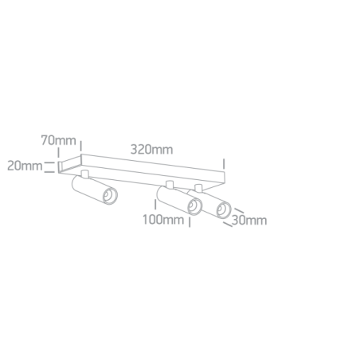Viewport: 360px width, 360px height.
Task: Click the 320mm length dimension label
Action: tap(151, 150)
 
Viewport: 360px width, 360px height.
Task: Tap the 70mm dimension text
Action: tap(58, 140)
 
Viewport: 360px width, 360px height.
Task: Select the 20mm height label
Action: tap(25, 166)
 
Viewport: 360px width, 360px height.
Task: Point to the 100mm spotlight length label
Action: tap(163, 220)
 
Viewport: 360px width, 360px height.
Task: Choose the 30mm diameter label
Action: tap(249, 221)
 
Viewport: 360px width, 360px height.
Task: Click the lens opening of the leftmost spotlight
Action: tap(110, 196)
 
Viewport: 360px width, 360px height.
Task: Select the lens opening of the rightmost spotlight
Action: tap(224, 209)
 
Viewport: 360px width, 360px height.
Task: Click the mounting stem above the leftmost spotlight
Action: tap(85, 174)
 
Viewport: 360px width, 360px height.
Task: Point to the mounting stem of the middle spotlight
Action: tap(170, 185)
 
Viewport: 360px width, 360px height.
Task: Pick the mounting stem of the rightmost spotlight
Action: tap(198, 188)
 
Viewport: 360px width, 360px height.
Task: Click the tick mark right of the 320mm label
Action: tap(224, 164)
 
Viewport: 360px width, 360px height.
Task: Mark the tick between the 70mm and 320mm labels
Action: tap(81, 146)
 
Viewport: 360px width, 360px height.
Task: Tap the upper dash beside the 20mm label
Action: tap(48, 162)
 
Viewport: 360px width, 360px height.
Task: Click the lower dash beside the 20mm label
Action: tap(48, 172)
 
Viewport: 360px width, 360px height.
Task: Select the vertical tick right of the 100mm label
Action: tap(190, 222)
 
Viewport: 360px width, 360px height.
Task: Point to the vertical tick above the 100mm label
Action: tap(155, 205)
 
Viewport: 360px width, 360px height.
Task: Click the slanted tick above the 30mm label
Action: tap(239, 210)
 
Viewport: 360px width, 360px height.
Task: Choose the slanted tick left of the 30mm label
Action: tap(228, 225)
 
